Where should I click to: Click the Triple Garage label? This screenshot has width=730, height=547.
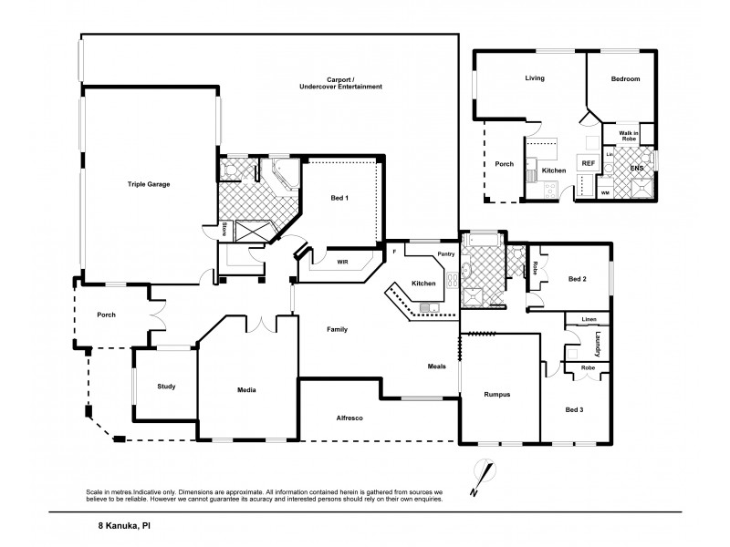[x=148, y=184]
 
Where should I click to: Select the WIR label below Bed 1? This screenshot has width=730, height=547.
[x=341, y=263]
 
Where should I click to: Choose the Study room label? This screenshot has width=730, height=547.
[x=165, y=387]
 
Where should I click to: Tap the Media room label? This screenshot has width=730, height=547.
[x=246, y=390]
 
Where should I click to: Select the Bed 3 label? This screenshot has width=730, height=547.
[x=574, y=409]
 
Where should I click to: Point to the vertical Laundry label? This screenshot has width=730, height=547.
[x=597, y=346]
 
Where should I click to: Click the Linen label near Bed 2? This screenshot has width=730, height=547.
[x=588, y=319]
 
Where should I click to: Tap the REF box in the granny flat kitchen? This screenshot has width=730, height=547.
[x=588, y=163]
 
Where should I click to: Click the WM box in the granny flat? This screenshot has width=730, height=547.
[x=605, y=192]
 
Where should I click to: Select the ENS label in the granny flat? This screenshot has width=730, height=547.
[x=635, y=168]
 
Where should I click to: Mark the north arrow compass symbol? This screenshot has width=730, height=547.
[x=482, y=479]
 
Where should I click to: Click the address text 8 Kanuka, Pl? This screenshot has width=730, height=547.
[x=123, y=525]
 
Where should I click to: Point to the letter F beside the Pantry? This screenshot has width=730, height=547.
[x=394, y=249]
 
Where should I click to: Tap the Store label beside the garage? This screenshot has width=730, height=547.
[x=224, y=229]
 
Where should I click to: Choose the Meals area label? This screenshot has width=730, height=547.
[x=436, y=366]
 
